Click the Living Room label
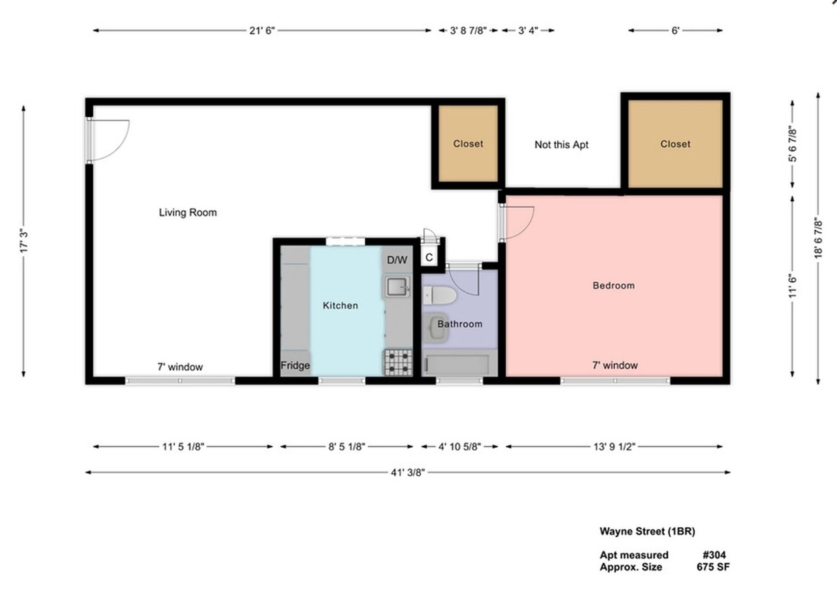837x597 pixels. (x=187, y=212)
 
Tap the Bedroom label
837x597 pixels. (x=613, y=286)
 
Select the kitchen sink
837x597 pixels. (x=397, y=287)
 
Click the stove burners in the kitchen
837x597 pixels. (x=398, y=362)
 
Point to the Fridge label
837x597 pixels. (x=295, y=365)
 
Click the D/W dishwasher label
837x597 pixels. (x=397, y=260)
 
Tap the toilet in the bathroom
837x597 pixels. (x=439, y=295)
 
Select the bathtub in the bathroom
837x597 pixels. (x=457, y=365)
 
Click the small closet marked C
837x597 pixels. (x=429, y=257)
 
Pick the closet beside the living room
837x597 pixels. (x=468, y=143)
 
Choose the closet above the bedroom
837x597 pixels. (x=675, y=144)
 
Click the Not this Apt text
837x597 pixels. (x=561, y=145)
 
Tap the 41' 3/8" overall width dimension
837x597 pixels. (x=408, y=472)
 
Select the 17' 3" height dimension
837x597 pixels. (x=24, y=241)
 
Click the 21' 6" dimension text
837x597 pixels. (x=262, y=31)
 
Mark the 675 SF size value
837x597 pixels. (x=713, y=567)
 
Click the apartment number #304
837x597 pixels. (x=714, y=555)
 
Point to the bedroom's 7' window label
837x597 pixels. (x=615, y=365)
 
